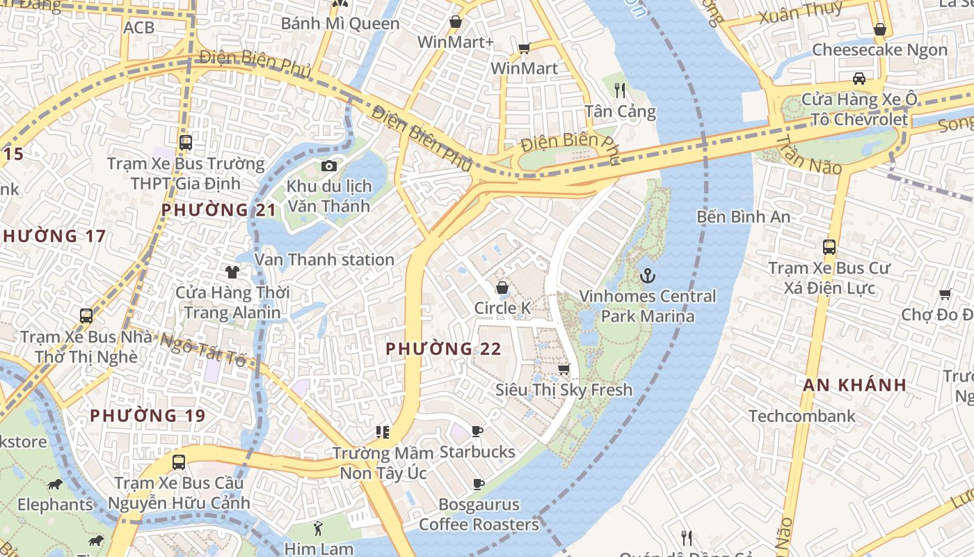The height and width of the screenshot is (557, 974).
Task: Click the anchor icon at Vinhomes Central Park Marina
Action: (648, 276)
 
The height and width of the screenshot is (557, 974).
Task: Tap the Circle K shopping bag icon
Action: (502, 288)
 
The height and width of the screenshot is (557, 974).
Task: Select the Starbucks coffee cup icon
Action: (477, 432)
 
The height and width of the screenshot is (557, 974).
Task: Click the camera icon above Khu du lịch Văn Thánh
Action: (329, 166)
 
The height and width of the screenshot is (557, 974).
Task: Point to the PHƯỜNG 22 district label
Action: (443, 349)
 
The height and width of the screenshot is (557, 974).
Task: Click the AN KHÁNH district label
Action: (855, 385)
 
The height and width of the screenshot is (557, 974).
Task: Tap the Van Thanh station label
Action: (324, 260)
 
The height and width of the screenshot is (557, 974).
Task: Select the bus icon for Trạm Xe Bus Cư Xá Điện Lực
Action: (829, 247)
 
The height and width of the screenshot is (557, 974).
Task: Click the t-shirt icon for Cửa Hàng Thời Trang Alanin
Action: (232, 272)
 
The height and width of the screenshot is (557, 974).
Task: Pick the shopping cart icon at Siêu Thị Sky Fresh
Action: (564, 369)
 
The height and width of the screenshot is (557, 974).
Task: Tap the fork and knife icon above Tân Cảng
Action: (620, 91)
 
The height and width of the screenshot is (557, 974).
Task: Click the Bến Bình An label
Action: (744, 217)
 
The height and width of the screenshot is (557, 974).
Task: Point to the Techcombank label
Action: (802, 416)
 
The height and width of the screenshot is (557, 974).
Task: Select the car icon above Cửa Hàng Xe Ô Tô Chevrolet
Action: (859, 78)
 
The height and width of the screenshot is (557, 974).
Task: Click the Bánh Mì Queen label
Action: (340, 24)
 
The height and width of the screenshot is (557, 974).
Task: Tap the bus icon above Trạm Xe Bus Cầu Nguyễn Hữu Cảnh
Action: (179, 462)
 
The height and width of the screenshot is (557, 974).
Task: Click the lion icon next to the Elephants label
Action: (55, 484)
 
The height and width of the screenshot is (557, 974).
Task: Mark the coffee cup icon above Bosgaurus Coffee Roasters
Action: (479, 484)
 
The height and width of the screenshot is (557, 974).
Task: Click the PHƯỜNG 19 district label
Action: (147, 416)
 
